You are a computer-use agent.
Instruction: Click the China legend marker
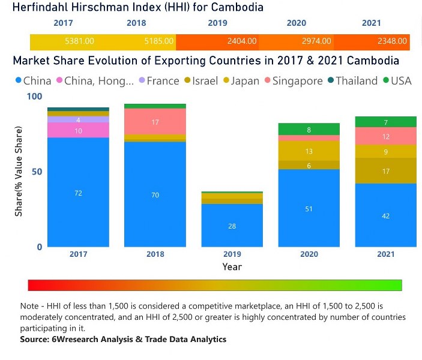[x=18, y=81]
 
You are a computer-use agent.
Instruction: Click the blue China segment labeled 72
[x=78, y=193]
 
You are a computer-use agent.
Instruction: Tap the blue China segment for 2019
[x=232, y=225]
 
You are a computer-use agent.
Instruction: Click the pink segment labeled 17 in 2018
[x=155, y=122]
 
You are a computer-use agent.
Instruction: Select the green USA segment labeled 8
[x=309, y=129]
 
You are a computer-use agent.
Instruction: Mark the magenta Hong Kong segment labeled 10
[x=78, y=130]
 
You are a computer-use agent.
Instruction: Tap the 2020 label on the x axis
[x=309, y=254]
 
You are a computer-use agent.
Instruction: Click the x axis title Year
[x=232, y=266]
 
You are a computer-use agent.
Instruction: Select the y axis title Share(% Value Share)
[x=19, y=172]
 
